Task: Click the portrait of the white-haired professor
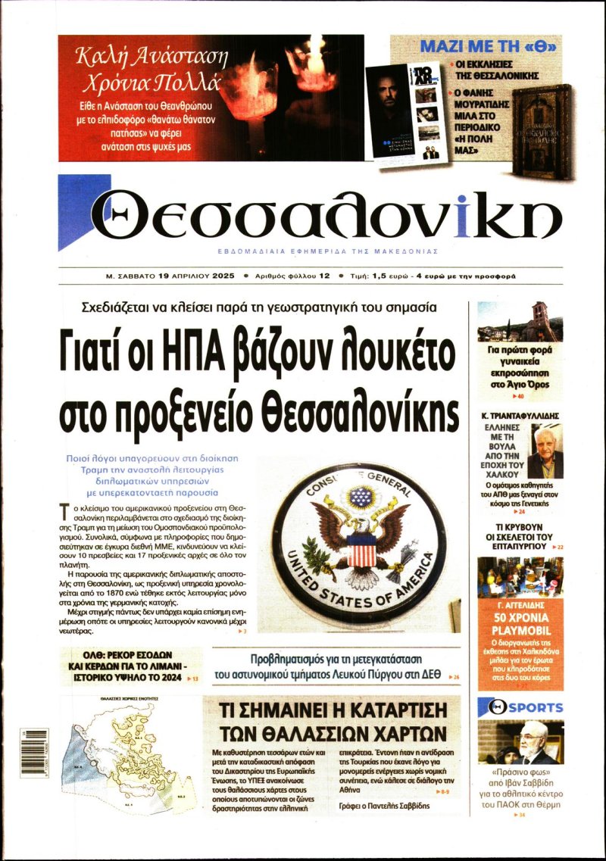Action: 545,453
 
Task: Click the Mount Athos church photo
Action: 520,321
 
